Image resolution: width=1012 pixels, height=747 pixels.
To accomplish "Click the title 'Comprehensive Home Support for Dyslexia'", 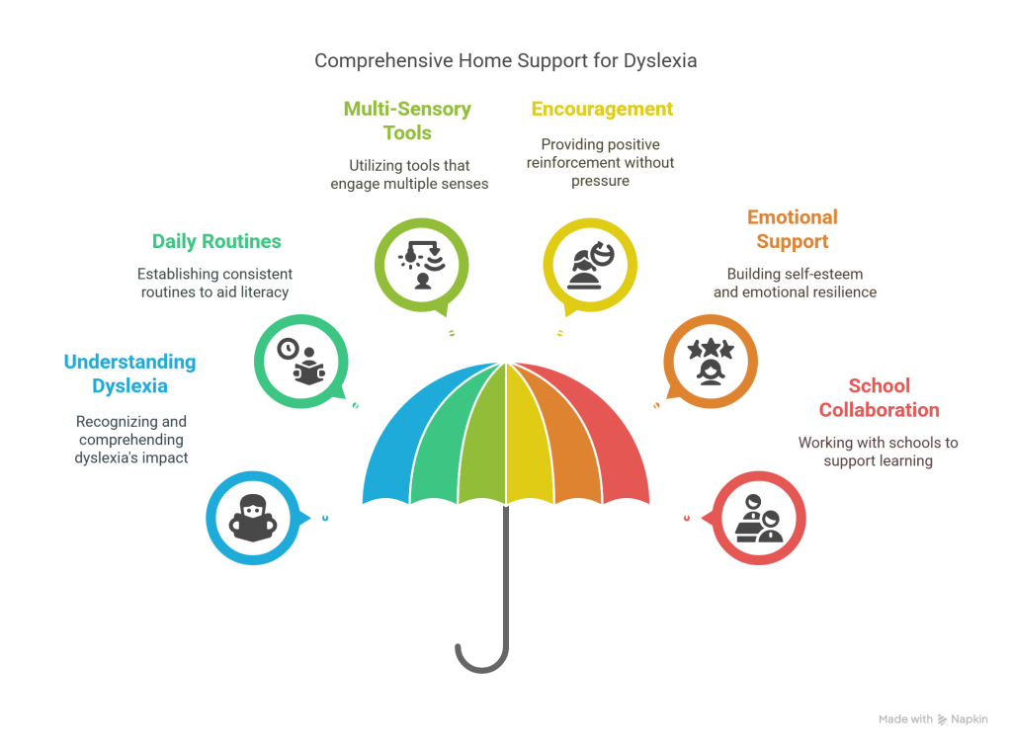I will point(506,61).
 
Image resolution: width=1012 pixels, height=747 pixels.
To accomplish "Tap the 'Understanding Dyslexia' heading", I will point(129,374).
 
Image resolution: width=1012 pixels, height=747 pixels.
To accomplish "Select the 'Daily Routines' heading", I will point(216,241).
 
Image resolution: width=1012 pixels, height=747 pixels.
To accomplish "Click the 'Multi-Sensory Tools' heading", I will point(407,121).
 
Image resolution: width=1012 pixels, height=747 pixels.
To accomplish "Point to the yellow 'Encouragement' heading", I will point(602,109).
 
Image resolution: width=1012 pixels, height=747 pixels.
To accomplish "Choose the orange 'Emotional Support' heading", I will point(793,228).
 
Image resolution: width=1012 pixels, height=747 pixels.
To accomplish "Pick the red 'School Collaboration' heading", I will point(879,398).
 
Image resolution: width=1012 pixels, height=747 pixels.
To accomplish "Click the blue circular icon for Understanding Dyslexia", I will point(252,517).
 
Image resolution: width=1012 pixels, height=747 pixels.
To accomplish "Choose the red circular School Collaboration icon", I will point(759,517).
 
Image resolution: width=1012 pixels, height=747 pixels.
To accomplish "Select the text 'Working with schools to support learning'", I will point(878,453).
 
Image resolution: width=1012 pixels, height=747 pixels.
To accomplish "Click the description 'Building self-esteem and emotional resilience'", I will point(794,283).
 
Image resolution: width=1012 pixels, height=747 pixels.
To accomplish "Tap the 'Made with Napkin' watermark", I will point(932,719).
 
